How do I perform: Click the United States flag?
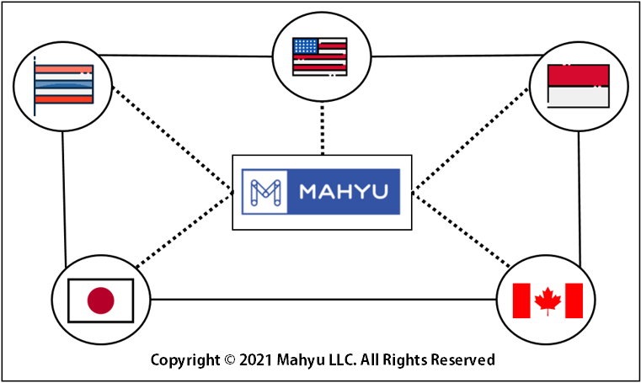pos(320,56)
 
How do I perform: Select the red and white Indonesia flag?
pos(579,86)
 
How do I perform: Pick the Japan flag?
pos(100,301)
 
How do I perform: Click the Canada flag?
pos(548,301)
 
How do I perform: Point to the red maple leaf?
pos(548,301)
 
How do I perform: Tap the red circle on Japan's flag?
pos(100,301)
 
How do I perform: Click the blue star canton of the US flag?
pos(306,46)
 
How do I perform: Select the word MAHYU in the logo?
pos(344,192)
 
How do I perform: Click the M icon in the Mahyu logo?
pos(265,192)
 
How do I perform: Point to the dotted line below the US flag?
pos(323,128)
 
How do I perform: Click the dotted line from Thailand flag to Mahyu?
pos(172,138)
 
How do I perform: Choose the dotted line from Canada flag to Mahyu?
pos(462,230)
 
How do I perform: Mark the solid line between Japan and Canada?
pos(323,300)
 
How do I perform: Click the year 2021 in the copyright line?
pos(255,359)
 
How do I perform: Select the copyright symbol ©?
pos(230,360)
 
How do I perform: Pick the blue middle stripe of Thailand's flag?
pos(64,84)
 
